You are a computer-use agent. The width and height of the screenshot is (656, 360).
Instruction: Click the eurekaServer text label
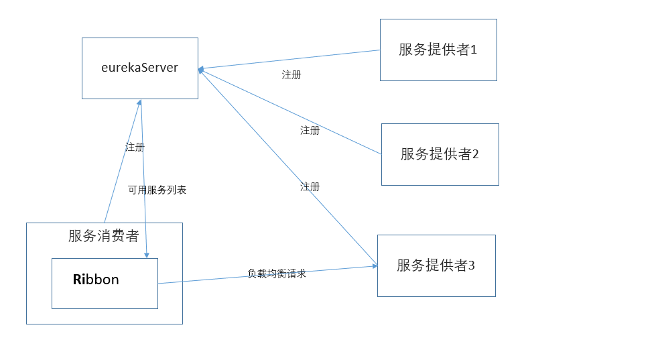coord(139,68)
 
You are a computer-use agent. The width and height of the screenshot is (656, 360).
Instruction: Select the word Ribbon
coord(96,280)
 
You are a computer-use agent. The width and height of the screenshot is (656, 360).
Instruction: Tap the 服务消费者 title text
coord(104,236)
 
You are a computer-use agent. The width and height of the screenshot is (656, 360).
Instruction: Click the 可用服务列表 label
coord(157,190)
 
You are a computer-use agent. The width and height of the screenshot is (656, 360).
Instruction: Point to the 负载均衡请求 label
coord(276,274)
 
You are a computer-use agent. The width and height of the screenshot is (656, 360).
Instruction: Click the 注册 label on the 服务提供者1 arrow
coord(291,75)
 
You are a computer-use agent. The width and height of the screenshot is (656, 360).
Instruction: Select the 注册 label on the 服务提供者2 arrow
coord(310,130)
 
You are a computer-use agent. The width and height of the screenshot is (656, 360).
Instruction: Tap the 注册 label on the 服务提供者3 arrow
coord(310,186)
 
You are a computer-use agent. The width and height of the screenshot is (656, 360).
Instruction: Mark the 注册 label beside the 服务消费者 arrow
coord(135,147)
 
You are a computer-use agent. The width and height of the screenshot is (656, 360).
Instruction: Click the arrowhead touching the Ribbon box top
coord(147,255)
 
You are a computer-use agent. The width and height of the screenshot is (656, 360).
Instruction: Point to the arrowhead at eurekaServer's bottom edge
coord(140,103)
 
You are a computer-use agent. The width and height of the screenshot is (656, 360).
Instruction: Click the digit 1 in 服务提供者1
coord(474,50)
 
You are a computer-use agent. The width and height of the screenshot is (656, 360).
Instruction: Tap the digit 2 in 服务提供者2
coord(476,154)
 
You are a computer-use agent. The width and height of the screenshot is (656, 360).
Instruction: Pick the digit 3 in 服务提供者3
coord(471,265)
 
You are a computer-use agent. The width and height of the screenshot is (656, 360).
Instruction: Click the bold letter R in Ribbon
coord(78,280)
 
